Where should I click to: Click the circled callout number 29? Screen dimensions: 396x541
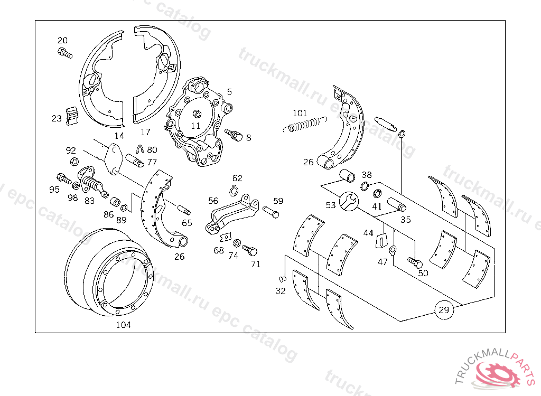444,310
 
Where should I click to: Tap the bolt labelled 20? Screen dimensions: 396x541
64,53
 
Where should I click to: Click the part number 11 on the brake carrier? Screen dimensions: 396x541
195,126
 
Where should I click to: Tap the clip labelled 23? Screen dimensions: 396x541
72,116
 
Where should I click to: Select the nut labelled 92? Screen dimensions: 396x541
74,161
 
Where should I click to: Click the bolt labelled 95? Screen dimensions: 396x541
63,178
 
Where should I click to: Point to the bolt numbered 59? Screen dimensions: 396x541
270,212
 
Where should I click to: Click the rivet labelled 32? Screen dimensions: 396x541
282,278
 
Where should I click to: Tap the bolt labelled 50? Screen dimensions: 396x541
414,261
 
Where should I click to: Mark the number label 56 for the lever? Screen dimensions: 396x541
213,201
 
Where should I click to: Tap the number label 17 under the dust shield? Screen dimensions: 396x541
145,132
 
